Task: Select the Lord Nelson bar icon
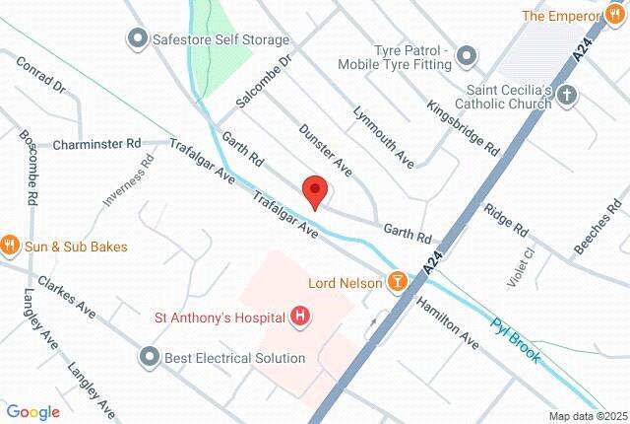(x=398, y=283)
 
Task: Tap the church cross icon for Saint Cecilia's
(x=566, y=96)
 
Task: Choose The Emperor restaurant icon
(x=616, y=16)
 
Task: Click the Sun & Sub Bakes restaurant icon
(x=11, y=246)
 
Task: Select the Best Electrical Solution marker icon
(x=150, y=356)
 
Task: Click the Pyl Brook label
(x=516, y=338)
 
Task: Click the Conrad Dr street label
(x=40, y=75)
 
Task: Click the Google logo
(x=32, y=411)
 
